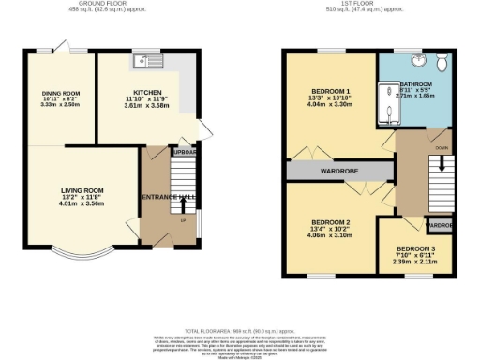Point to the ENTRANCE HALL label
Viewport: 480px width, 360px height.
click(x=169, y=196)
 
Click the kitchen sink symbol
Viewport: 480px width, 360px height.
click(x=148, y=63)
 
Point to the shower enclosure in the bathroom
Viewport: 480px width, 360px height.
click(x=386, y=104)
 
